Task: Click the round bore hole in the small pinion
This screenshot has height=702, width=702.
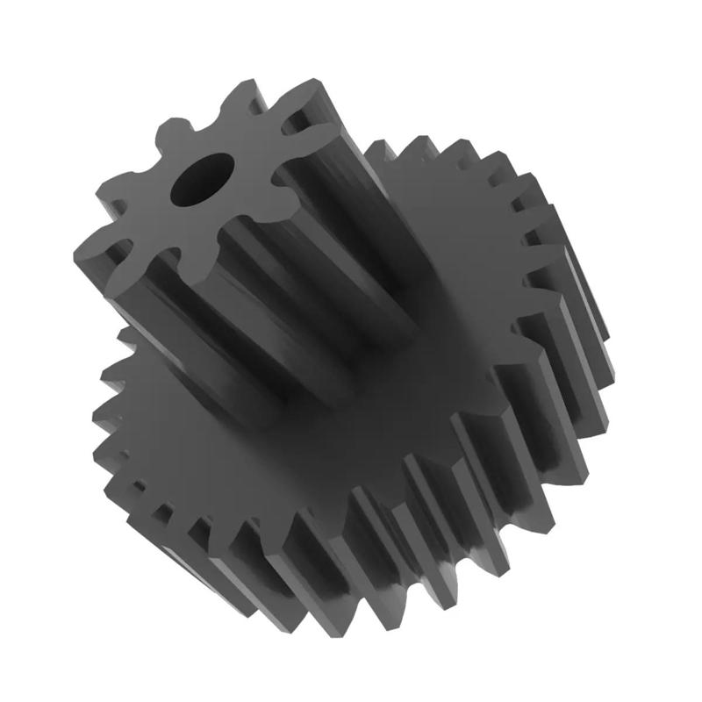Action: point(203,178)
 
